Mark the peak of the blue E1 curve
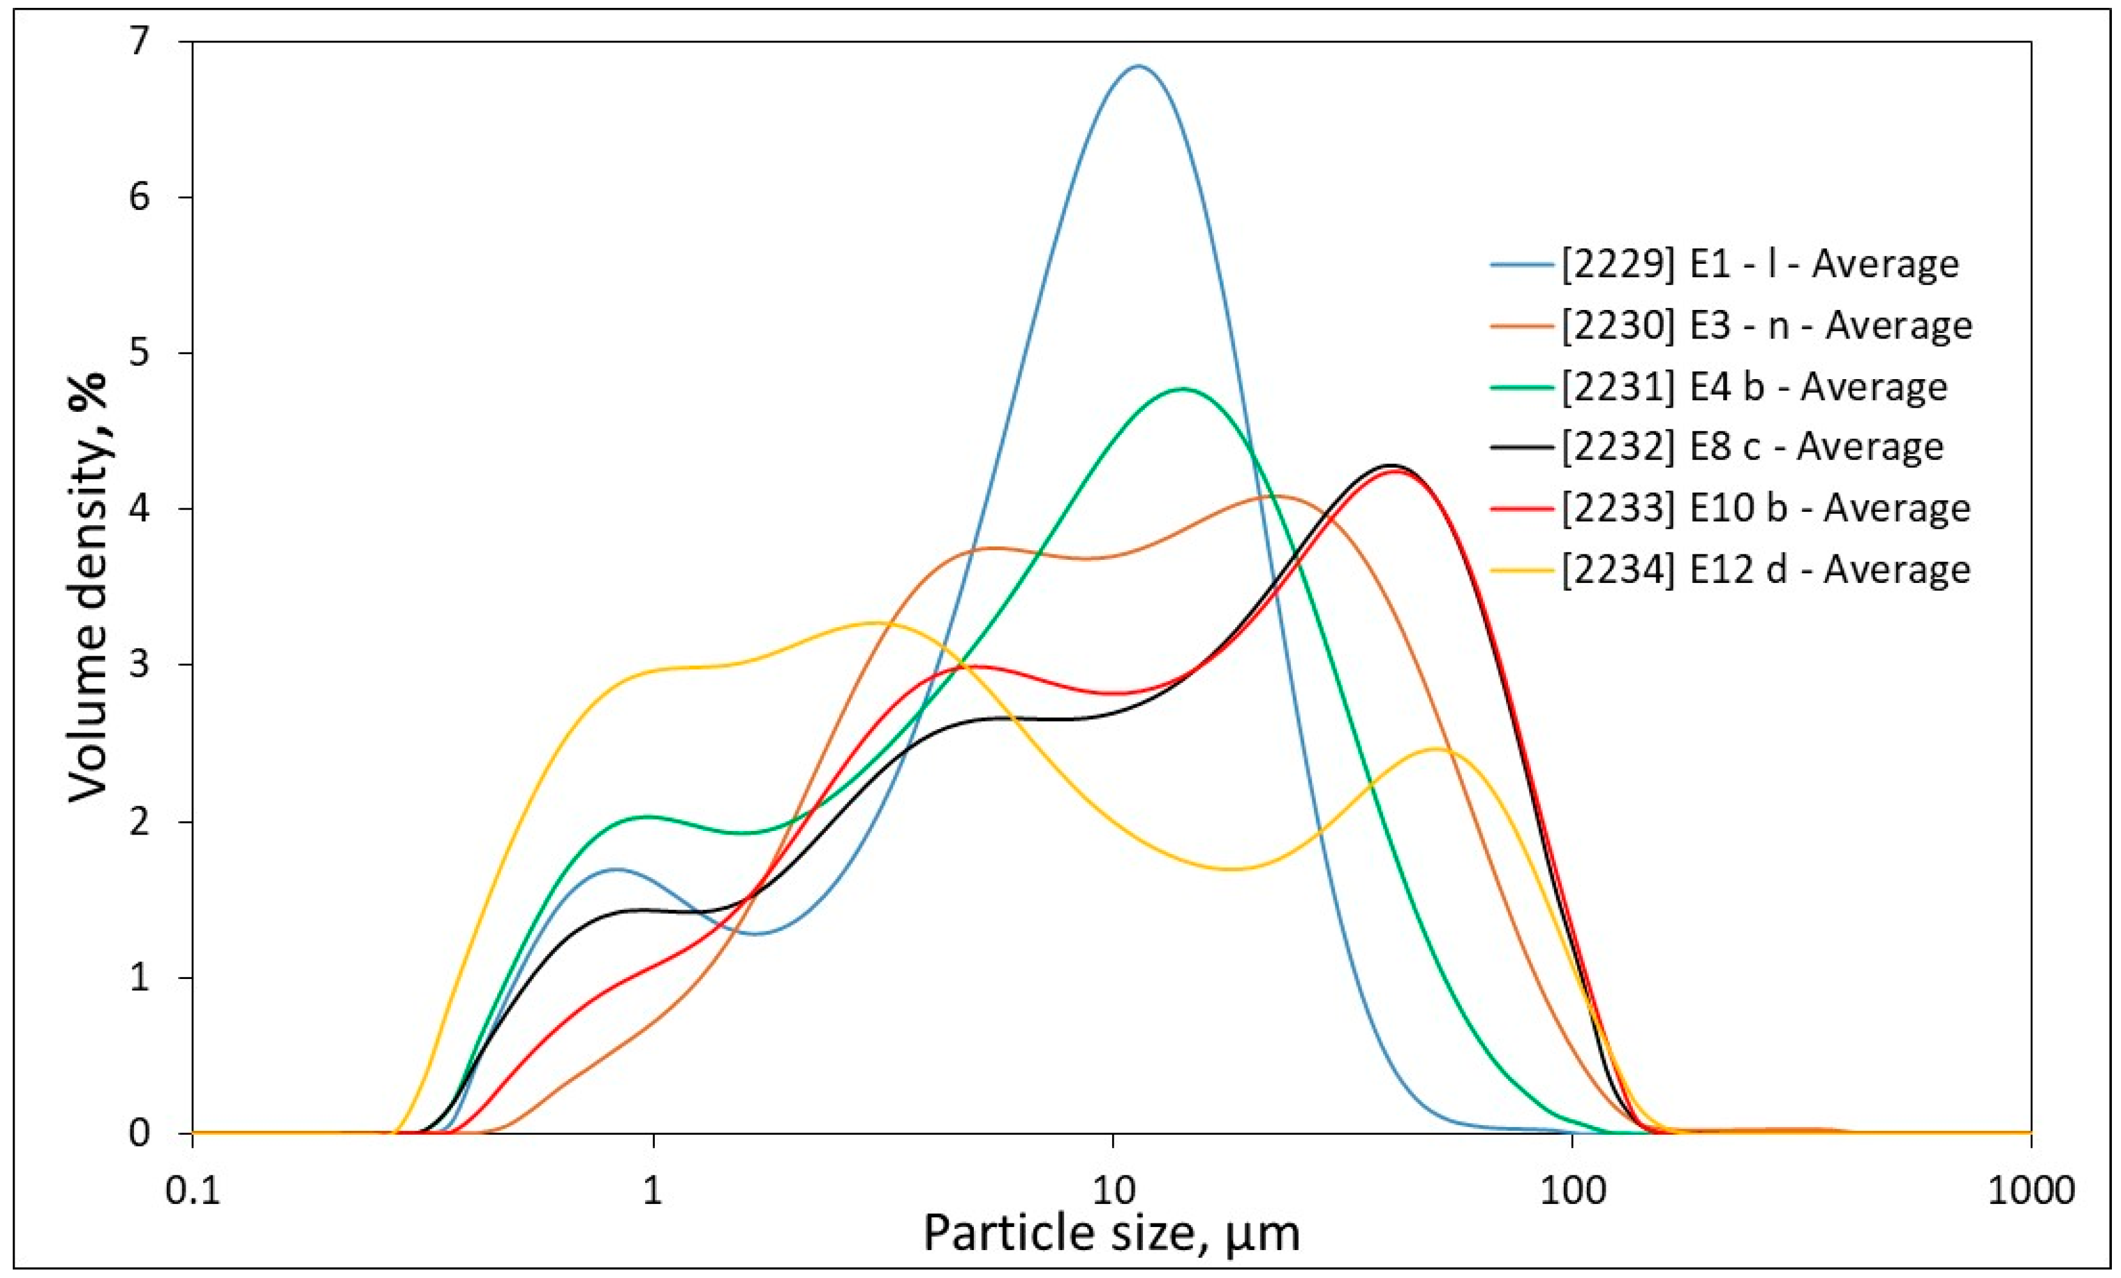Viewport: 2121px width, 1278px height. [1138, 66]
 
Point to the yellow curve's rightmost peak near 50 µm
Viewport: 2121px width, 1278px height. [1436, 749]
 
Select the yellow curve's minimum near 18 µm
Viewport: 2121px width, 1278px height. [1233, 868]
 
